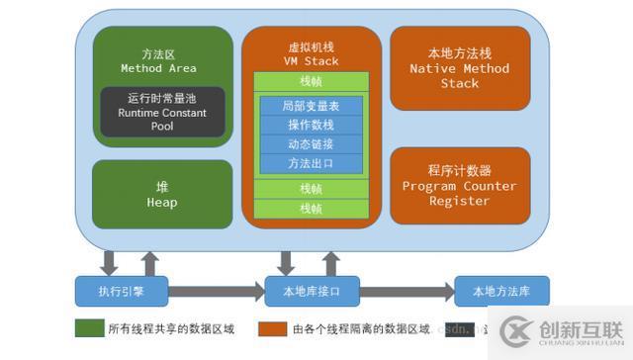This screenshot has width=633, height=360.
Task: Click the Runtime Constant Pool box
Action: [x=162, y=113]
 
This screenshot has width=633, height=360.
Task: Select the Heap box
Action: [x=162, y=195]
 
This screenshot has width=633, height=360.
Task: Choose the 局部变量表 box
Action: [x=311, y=106]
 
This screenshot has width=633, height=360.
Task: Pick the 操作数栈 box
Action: [x=311, y=125]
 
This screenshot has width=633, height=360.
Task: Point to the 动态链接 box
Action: [x=311, y=143]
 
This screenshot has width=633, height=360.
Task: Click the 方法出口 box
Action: [x=311, y=162]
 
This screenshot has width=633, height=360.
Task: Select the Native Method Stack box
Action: [x=459, y=68]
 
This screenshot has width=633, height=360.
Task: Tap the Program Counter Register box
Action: [x=459, y=185]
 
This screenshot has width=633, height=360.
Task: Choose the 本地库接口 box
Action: [x=311, y=292]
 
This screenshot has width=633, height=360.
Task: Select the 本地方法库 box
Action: [x=501, y=292]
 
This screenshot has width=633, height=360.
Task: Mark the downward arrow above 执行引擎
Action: [x=110, y=263]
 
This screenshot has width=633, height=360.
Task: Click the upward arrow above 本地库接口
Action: [x=331, y=263]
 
